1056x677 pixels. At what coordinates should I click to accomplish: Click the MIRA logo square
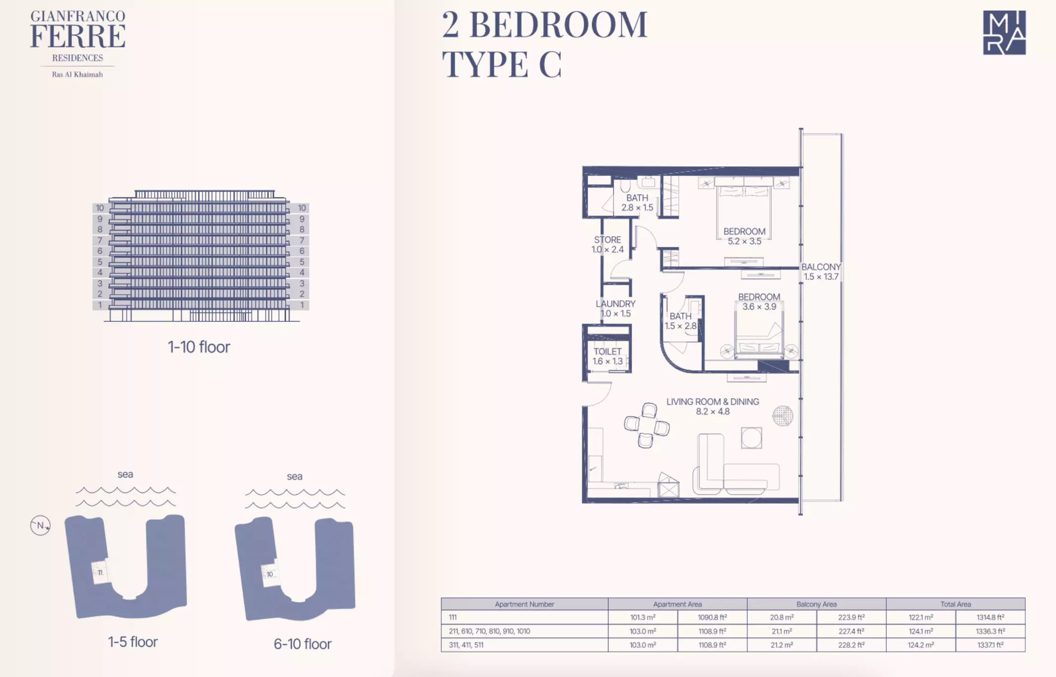point(1004,33)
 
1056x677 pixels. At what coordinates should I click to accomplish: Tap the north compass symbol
point(40,525)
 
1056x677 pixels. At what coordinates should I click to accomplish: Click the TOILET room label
point(607,356)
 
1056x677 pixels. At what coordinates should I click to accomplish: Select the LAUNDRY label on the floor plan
point(615,308)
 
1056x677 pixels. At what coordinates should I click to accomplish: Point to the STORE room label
point(607,244)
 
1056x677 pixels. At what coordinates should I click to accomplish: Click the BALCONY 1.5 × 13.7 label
point(821,271)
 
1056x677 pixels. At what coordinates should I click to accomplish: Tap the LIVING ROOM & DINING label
point(713,406)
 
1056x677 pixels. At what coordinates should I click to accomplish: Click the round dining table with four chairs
point(647,425)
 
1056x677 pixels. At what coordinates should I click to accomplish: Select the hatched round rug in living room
point(783,416)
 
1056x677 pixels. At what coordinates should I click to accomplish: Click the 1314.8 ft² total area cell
point(990,617)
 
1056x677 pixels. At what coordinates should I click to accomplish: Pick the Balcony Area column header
point(816,604)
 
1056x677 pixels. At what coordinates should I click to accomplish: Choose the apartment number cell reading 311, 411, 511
point(466,645)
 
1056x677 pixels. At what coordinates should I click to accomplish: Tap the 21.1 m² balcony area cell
point(782,631)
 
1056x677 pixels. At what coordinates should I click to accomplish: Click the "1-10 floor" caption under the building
point(199,346)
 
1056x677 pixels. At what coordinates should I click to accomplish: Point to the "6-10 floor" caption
point(303,644)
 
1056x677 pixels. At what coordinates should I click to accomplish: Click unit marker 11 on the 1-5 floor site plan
point(100,572)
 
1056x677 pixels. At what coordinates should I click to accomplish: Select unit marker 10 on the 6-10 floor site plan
point(269,574)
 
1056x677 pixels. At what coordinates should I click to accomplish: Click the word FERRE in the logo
point(78,36)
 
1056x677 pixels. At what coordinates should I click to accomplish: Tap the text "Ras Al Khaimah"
point(77,74)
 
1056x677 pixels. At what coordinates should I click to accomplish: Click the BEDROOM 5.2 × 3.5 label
point(744,236)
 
